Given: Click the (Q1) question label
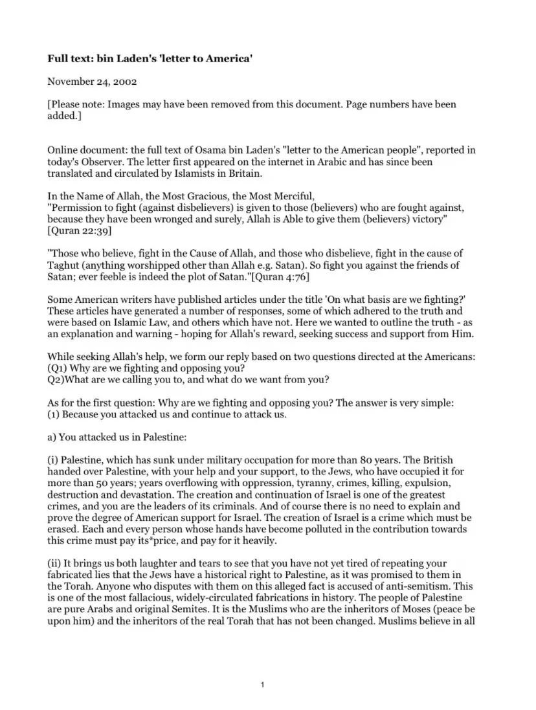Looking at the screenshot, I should point(57,369).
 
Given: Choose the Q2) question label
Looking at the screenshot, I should point(56,380).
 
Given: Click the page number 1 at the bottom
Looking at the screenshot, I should point(262,684).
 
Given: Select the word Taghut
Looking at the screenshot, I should point(64,265).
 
